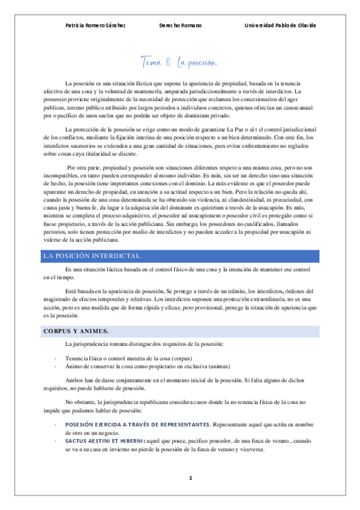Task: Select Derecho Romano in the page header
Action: coord(180,25)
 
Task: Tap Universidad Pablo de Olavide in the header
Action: coord(281,25)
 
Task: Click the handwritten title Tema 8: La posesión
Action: coord(178,62)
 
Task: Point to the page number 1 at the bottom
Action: coord(190,478)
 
